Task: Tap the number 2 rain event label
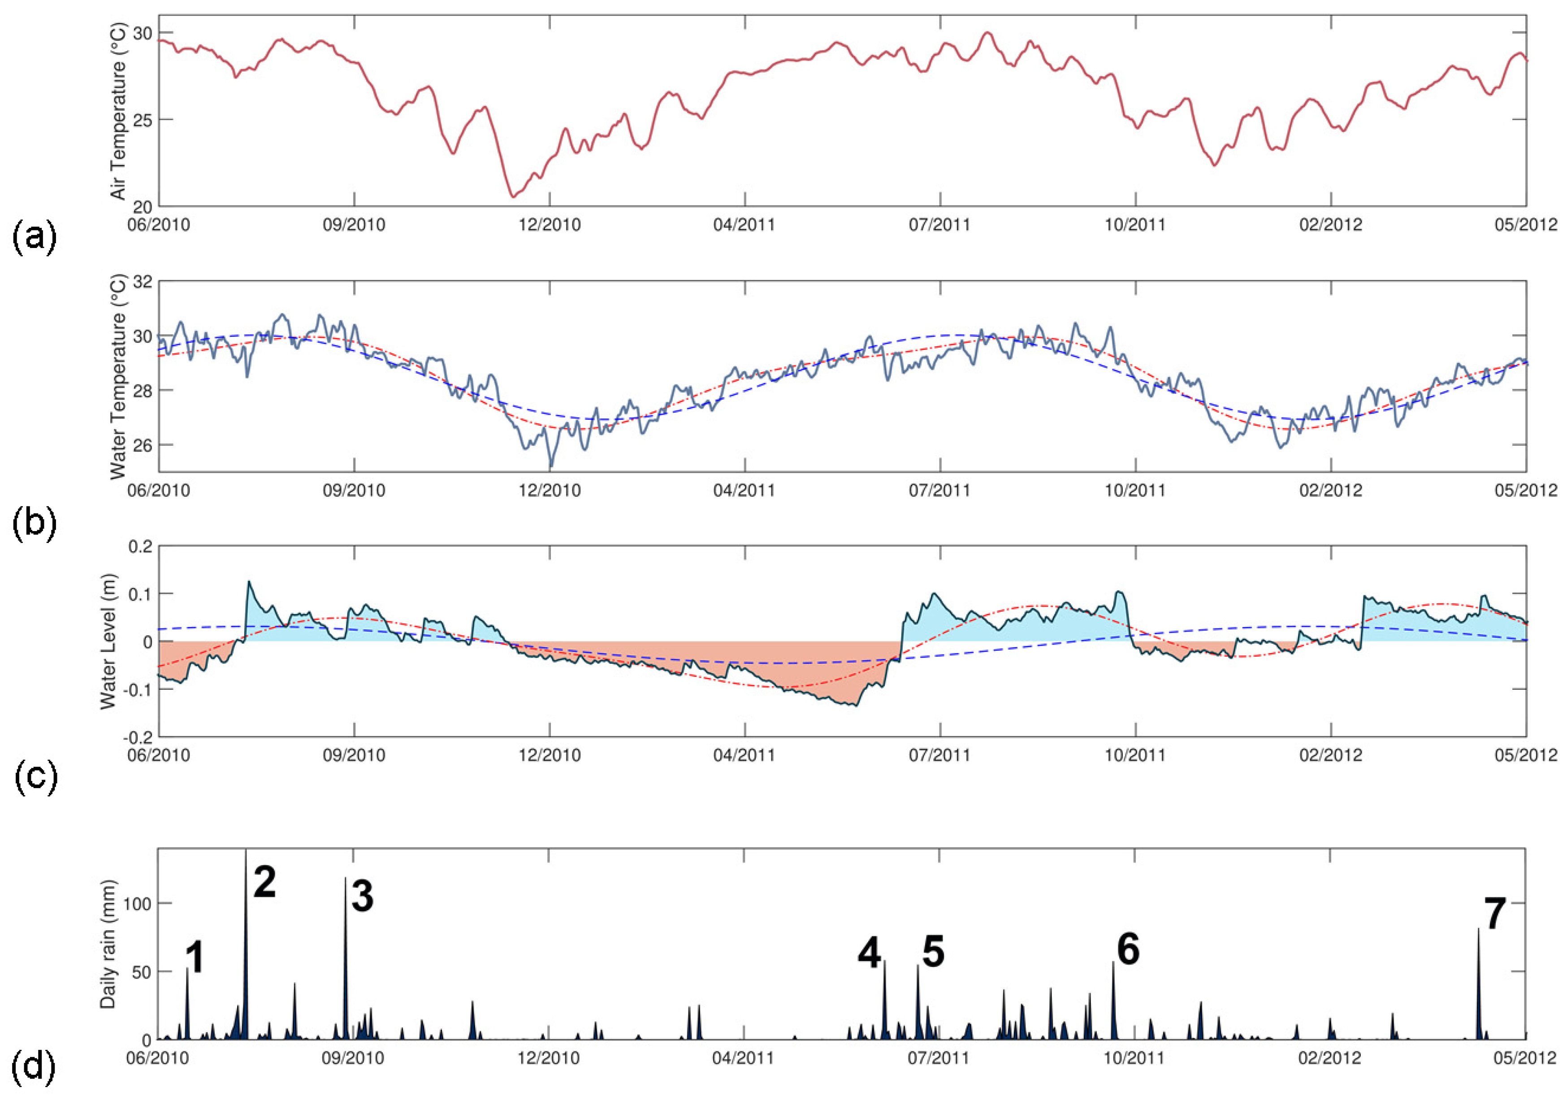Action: coord(265,882)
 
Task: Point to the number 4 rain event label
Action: coord(870,953)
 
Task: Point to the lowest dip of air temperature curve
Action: coord(513,196)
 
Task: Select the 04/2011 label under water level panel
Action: coord(744,756)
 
